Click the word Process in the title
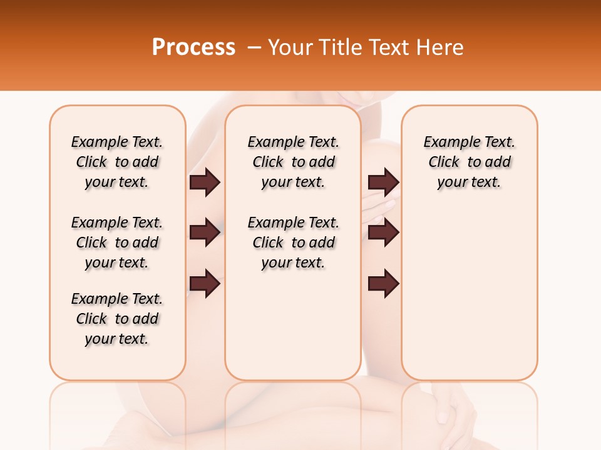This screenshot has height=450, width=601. [193, 47]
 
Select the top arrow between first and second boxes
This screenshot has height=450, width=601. [205, 182]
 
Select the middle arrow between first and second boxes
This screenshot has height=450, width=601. [205, 233]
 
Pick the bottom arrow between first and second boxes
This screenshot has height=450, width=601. [205, 284]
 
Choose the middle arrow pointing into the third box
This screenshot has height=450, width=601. [383, 233]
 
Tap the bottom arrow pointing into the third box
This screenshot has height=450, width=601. [383, 284]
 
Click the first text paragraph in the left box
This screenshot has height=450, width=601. [117, 162]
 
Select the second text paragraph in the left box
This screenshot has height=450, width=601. [117, 242]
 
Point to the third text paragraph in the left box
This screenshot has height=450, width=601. [117, 319]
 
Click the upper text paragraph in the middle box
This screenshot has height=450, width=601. [293, 162]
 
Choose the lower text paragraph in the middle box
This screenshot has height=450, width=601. [293, 242]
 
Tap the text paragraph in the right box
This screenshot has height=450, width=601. [469, 162]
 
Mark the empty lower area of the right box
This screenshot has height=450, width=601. [469, 294]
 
